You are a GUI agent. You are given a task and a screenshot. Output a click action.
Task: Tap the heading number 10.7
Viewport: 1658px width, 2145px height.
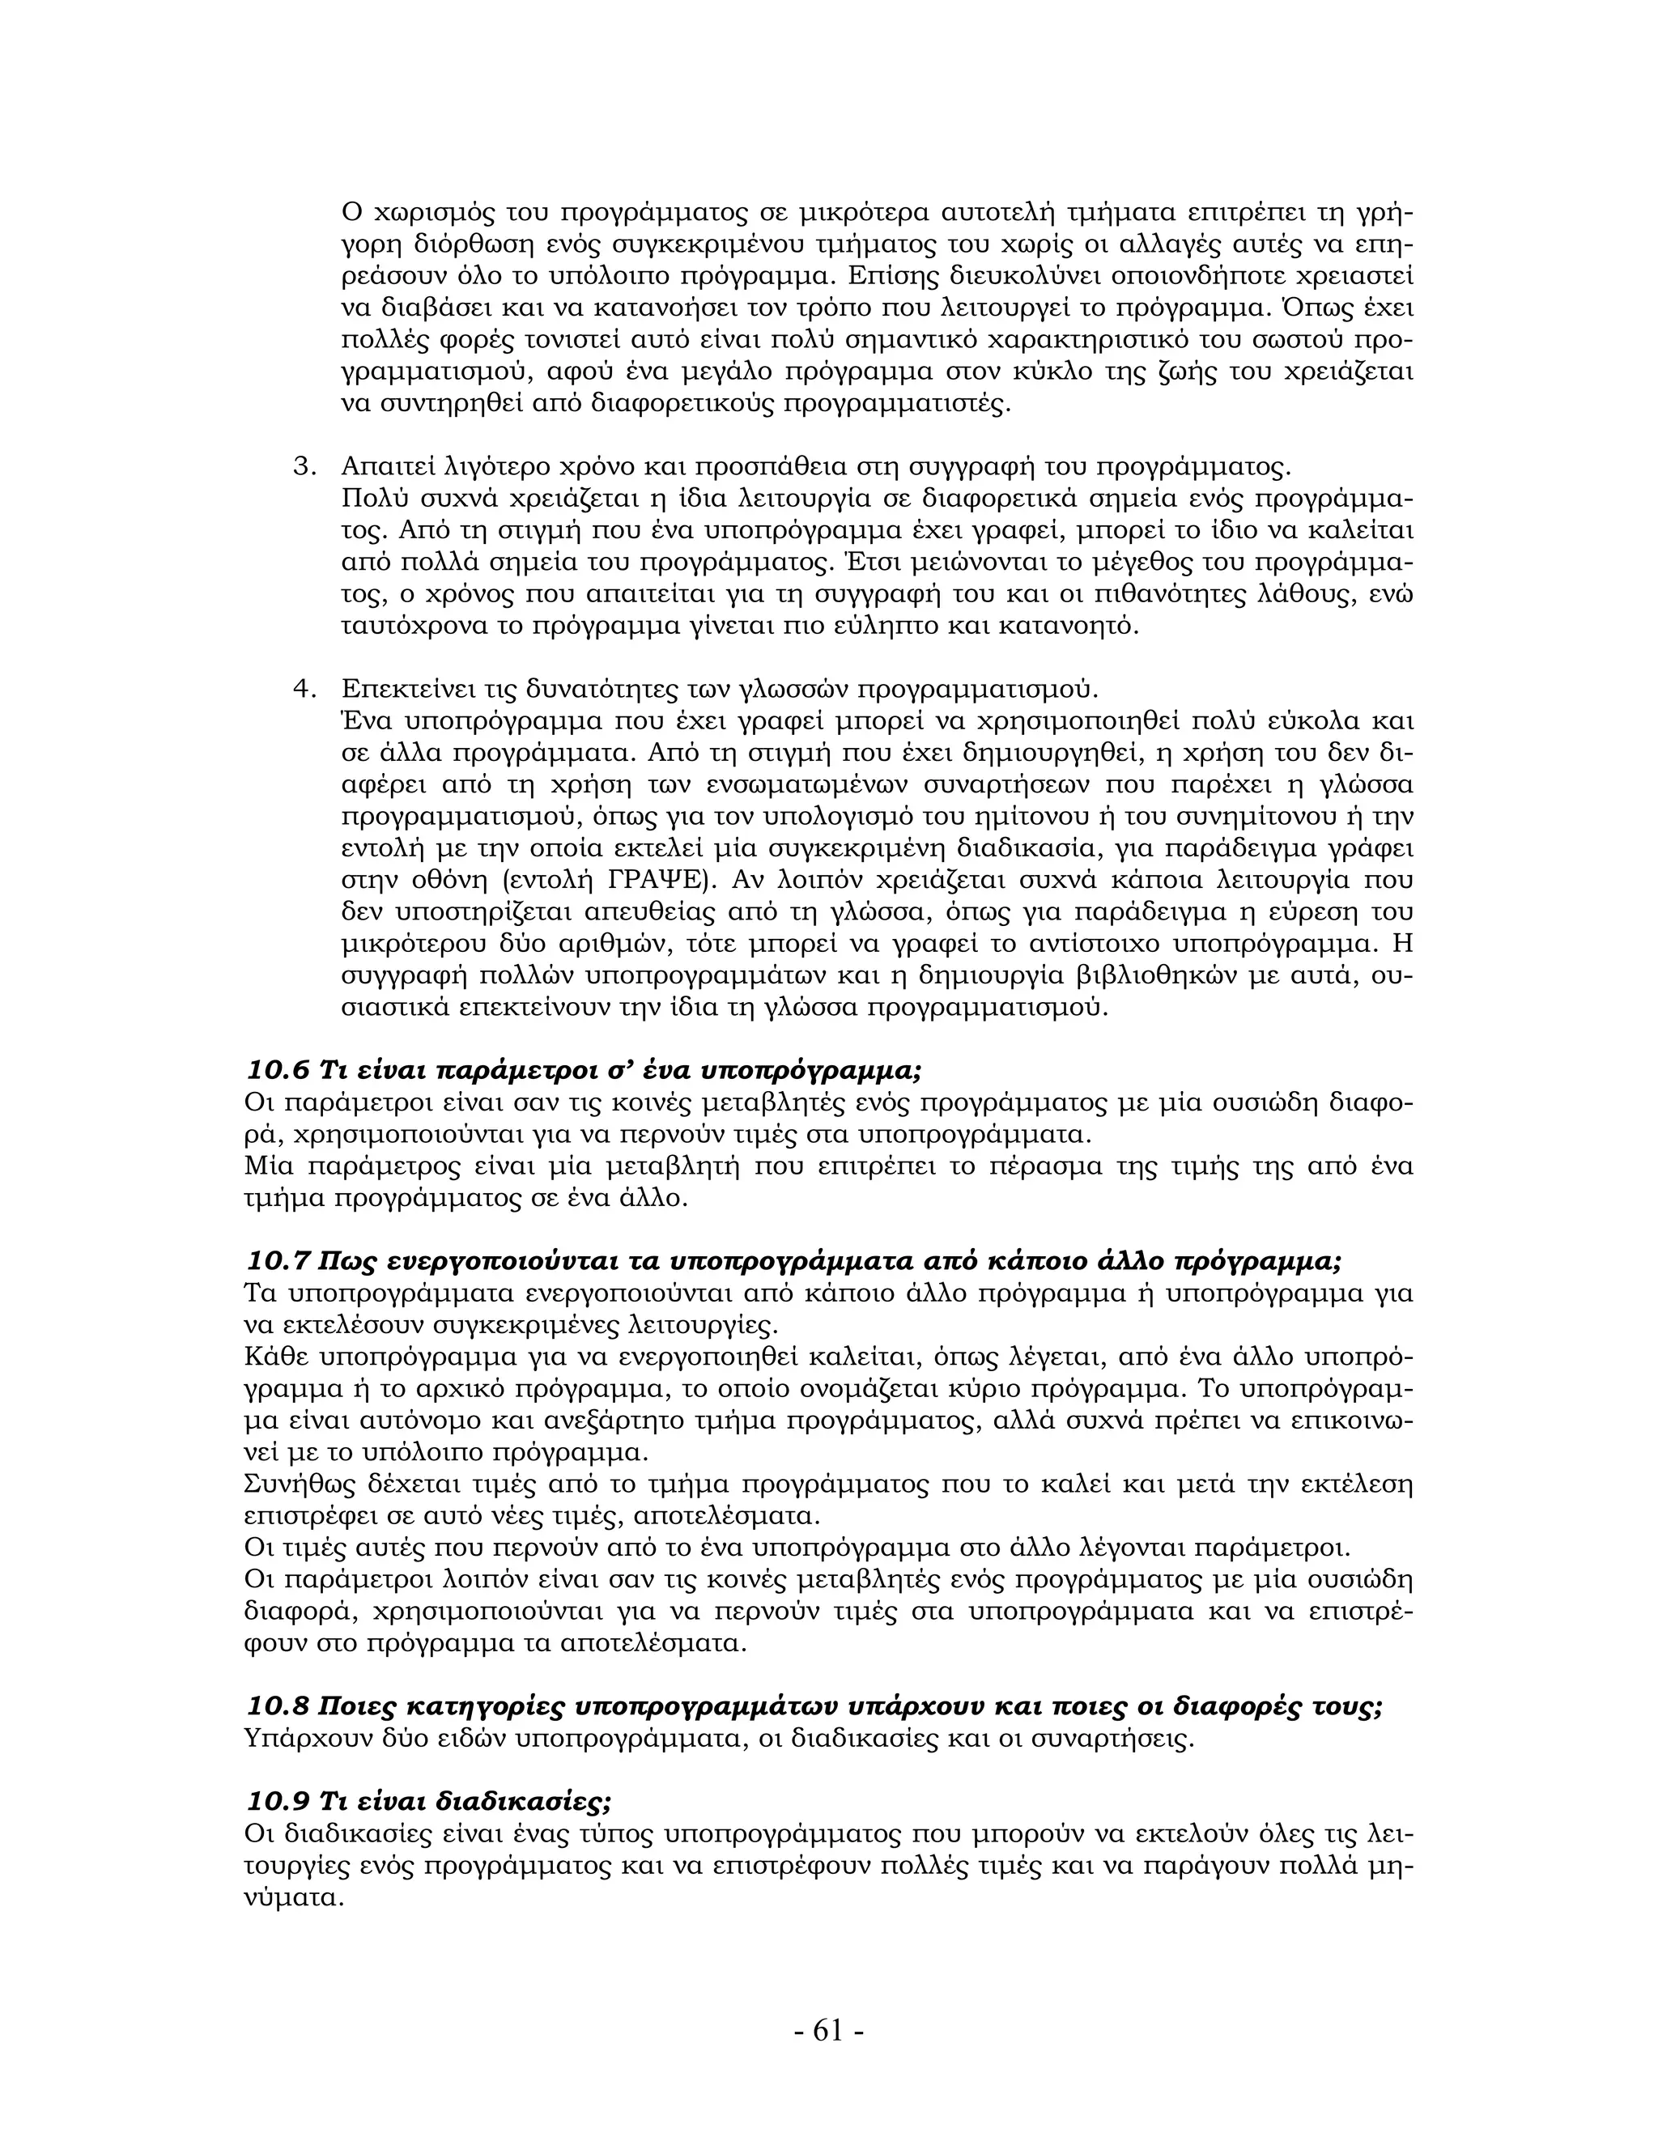(x=277, y=1261)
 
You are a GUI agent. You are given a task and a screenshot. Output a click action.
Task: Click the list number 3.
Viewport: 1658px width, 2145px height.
(x=303, y=465)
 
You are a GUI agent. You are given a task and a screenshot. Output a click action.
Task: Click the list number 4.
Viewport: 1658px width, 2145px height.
(x=303, y=689)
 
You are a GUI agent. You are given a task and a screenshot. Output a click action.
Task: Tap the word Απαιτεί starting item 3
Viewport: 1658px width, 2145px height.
(x=389, y=465)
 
